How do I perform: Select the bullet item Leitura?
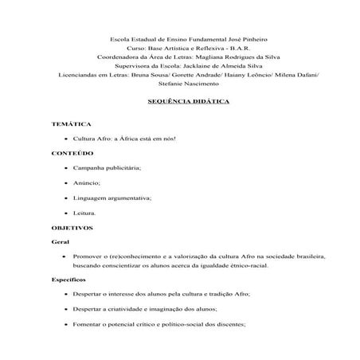click(x=84, y=213)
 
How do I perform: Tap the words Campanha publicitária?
click(x=108, y=167)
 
